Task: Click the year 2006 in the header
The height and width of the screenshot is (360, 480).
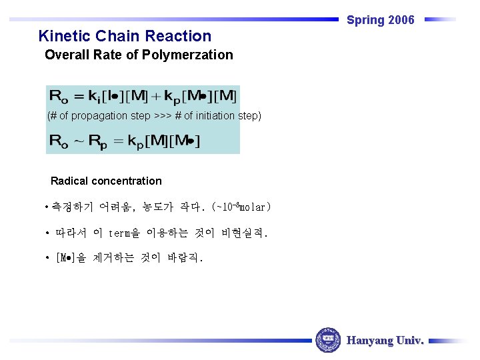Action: pyautogui.click(x=401, y=20)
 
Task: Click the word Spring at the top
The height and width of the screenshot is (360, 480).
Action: pyautogui.click(x=365, y=20)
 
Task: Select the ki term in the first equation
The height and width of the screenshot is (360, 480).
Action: pyautogui.click(x=99, y=97)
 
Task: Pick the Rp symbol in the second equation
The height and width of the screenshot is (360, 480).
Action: pyautogui.click(x=100, y=141)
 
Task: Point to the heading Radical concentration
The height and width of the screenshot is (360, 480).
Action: pyautogui.click(x=106, y=181)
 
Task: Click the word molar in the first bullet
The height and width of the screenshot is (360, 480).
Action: pyautogui.click(x=253, y=207)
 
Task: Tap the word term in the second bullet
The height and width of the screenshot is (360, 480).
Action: pyautogui.click(x=119, y=234)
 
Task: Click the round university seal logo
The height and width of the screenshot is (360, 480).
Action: pyautogui.click(x=327, y=340)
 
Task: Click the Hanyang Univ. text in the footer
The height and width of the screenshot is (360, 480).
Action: pyautogui.click(x=385, y=341)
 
